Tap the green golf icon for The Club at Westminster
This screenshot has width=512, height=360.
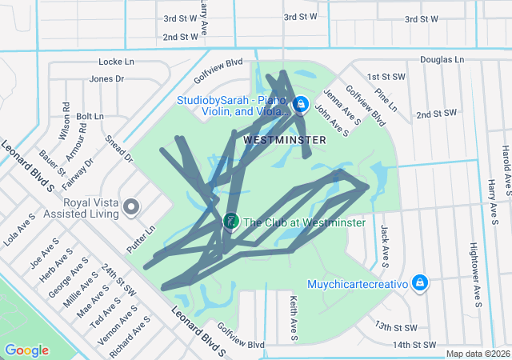(x=230, y=220)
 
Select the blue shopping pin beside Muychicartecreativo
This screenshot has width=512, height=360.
(x=421, y=282)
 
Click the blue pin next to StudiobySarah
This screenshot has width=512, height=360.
(x=300, y=104)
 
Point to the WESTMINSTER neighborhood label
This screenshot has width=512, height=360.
(x=284, y=140)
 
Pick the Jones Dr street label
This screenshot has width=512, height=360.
(x=106, y=78)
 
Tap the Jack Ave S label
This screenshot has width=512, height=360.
(x=386, y=245)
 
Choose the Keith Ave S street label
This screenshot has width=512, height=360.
(x=292, y=314)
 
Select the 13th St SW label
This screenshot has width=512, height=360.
(x=396, y=327)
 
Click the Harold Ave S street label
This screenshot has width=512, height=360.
(x=506, y=169)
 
